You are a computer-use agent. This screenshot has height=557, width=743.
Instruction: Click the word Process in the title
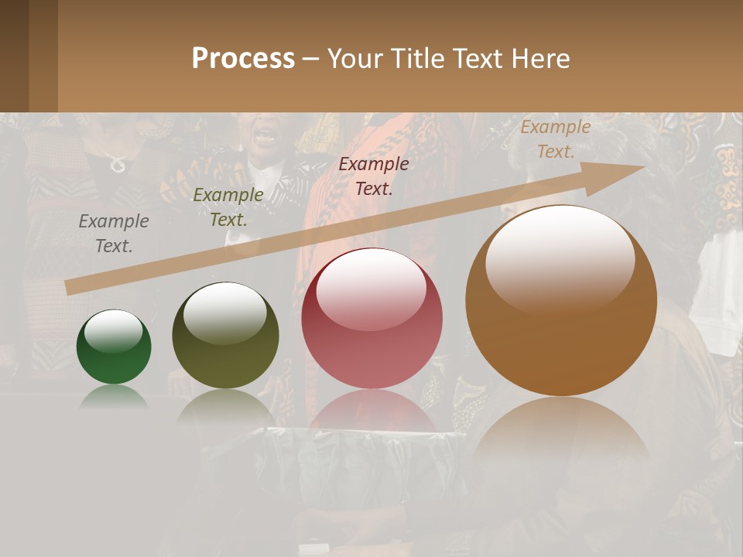click(x=243, y=59)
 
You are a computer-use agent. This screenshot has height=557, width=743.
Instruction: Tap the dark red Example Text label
click(x=374, y=176)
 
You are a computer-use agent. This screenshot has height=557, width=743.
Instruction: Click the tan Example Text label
click(x=555, y=139)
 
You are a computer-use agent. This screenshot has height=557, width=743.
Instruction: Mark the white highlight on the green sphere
click(x=113, y=331)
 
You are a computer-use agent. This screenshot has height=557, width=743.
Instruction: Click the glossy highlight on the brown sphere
click(x=560, y=255)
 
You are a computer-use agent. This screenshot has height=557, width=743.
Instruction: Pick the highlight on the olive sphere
click(x=224, y=311)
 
